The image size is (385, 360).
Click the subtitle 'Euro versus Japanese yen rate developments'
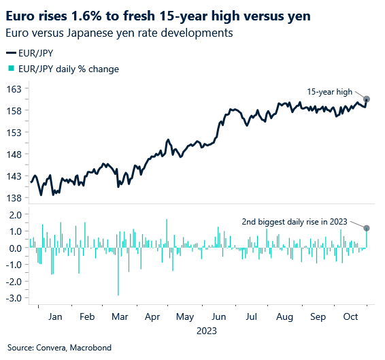coord(119,33)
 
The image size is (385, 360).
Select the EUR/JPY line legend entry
coord(30,53)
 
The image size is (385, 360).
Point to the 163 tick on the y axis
coord(14,88)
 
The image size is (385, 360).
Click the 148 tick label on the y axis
coord(14,154)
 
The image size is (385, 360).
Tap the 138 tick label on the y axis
coord(14,197)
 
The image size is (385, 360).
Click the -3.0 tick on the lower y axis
coord(13,297)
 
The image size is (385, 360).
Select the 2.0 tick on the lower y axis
coord(14,214)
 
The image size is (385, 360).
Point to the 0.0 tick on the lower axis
coord(14,248)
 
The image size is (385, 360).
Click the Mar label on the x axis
coord(119,317)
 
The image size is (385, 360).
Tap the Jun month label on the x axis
coord(219,317)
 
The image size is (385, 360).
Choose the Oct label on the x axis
coord(350,317)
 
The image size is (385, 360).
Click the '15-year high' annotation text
coord(329,91)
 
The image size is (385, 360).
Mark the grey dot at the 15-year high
coord(367,99)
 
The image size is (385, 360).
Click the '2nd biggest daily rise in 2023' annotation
coord(295,220)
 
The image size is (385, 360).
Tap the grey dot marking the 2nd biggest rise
coord(367,228)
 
